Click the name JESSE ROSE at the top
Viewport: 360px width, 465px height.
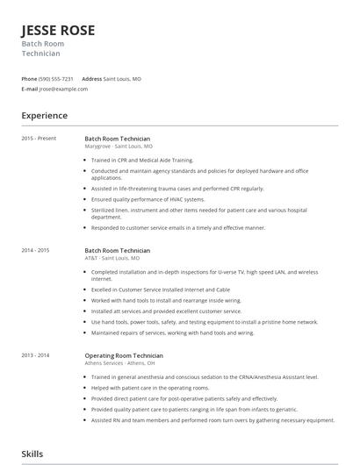click(x=58, y=31)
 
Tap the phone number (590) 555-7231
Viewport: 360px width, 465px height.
click(x=56, y=79)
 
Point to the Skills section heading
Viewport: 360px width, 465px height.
click(x=32, y=454)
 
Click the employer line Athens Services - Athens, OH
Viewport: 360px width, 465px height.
click(x=119, y=362)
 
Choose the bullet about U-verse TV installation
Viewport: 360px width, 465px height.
click(x=211, y=272)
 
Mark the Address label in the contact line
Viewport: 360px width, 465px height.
click(x=91, y=79)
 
